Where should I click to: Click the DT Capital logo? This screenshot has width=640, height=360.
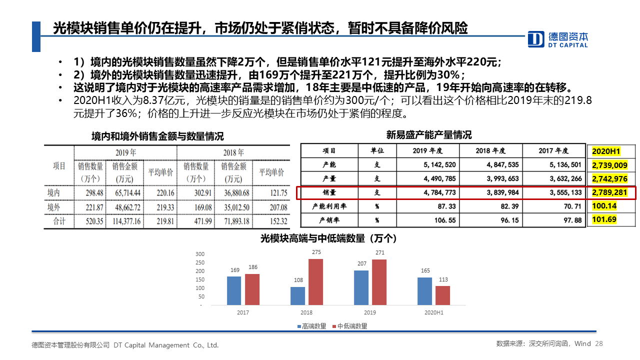(558, 39)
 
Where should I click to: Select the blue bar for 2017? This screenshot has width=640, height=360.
(234, 290)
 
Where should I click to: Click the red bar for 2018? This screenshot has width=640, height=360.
(315, 282)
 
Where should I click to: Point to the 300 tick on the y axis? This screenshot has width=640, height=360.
(200, 254)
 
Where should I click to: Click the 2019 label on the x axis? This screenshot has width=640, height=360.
(370, 312)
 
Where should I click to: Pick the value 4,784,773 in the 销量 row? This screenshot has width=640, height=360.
(434, 192)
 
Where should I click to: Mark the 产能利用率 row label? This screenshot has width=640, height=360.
(329, 206)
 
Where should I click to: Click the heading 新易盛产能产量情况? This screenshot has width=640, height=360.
(428, 135)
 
